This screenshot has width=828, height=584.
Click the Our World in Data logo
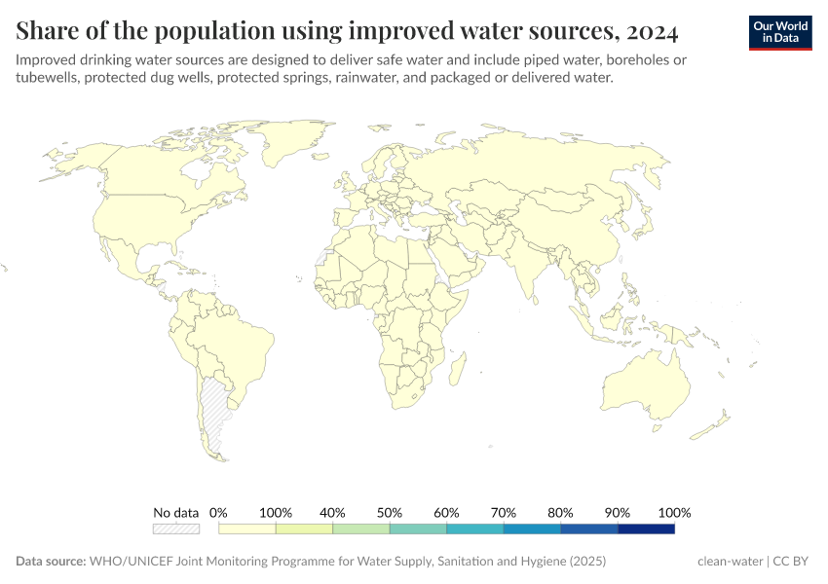tap(779, 32)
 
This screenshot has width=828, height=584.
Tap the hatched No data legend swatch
tap(176, 529)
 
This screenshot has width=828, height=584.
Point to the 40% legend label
tap(333, 513)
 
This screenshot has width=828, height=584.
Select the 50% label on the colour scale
tap(390, 513)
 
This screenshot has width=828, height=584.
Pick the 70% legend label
tap(504, 513)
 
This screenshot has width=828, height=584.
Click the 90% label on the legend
tap(618, 513)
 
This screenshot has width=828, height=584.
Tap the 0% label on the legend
tap(218, 513)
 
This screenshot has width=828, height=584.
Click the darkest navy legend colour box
tap(646, 529)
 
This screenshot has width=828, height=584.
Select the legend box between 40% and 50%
tap(361, 529)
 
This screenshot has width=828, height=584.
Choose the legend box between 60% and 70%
tap(475, 529)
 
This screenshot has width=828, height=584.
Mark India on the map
tap(526, 268)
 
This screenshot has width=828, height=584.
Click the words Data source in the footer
tap(51, 562)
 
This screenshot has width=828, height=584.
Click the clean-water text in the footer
tap(730, 562)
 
